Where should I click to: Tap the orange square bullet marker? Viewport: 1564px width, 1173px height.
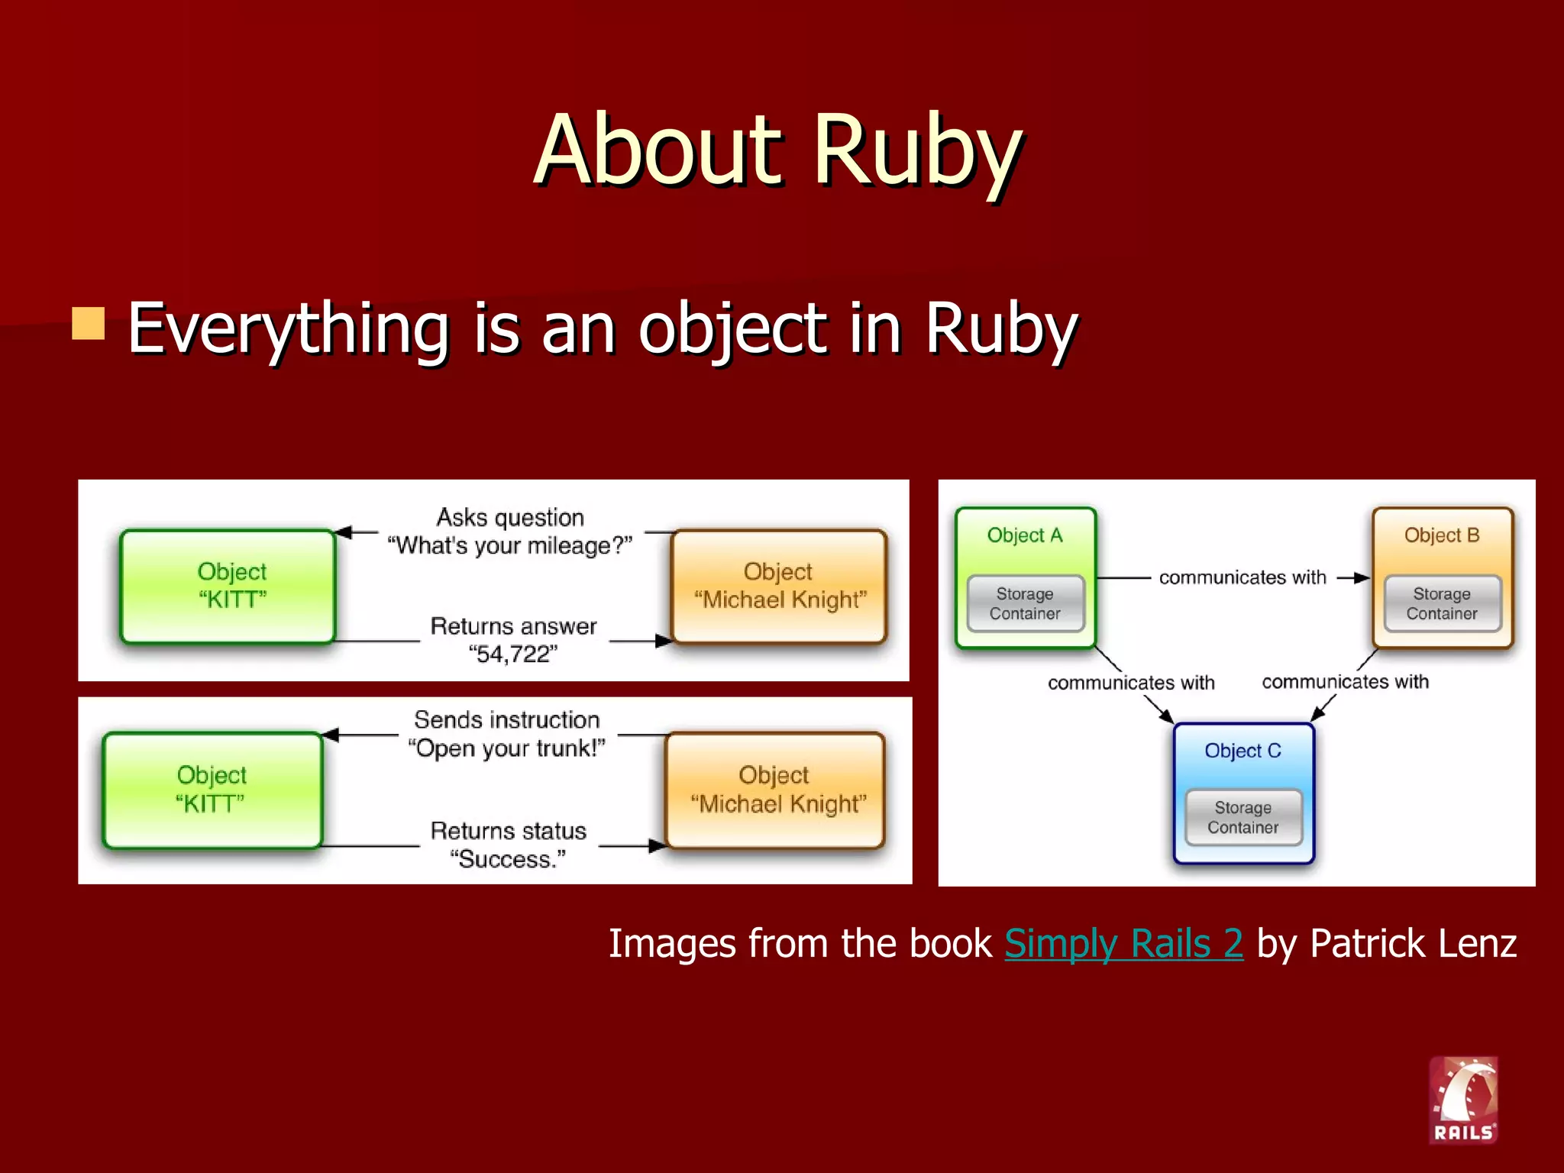(89, 323)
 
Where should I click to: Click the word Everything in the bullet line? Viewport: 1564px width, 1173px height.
(288, 328)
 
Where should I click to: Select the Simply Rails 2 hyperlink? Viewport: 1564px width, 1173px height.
(1123, 943)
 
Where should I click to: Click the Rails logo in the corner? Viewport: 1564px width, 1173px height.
(1463, 1100)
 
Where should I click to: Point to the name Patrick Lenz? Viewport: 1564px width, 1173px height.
(1413, 943)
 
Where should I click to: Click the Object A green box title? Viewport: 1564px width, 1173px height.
(1025, 535)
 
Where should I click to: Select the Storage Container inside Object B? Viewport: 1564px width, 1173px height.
(1442, 603)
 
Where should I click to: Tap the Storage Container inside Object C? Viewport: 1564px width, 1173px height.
(1242, 817)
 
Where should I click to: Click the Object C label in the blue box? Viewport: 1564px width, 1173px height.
(1242, 751)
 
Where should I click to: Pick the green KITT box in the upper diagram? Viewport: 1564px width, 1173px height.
(228, 586)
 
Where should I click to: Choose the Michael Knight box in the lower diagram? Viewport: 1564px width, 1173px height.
(776, 790)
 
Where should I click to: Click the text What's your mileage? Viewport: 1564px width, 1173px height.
(509, 546)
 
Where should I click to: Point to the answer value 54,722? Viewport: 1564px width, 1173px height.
(513, 654)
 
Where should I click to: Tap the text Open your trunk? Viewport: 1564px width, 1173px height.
(506, 748)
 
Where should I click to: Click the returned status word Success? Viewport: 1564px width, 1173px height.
(508, 859)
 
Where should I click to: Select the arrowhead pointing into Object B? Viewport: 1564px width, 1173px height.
(1362, 578)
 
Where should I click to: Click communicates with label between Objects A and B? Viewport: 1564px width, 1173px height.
(1242, 577)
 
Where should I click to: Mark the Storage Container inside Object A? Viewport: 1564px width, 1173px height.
(1025, 603)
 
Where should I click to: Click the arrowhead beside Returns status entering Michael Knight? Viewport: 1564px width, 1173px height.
(657, 845)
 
